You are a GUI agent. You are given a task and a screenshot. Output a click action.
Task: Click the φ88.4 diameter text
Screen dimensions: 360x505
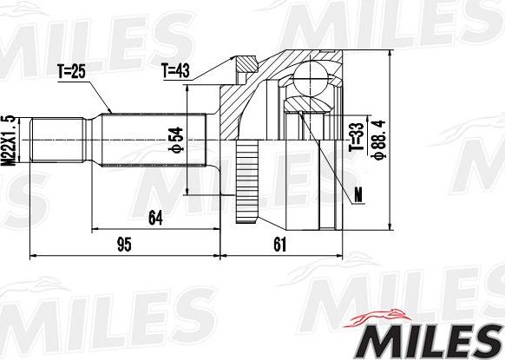(377, 136)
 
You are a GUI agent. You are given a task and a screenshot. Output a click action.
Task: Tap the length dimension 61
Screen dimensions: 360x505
(279, 245)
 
